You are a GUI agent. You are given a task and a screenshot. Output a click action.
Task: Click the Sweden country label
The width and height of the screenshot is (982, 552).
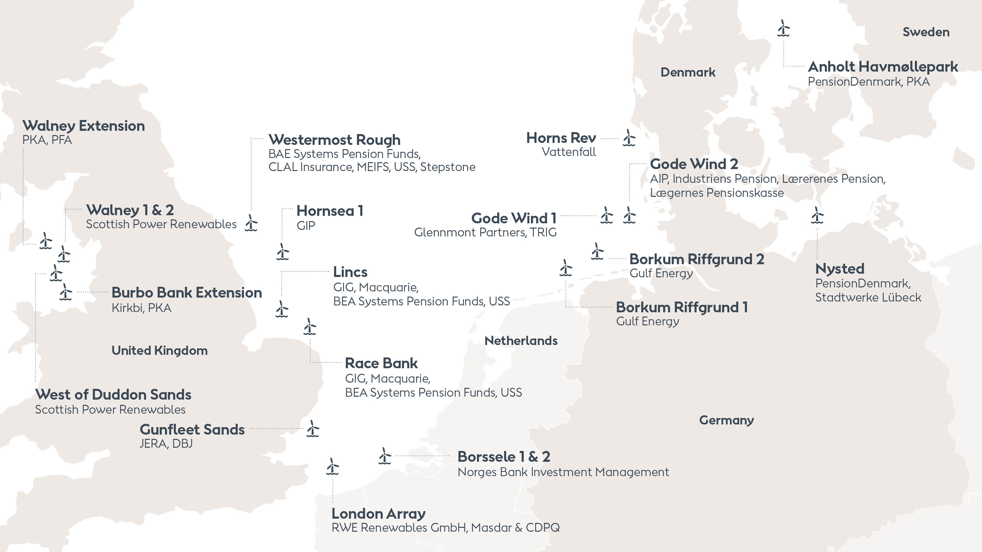(926, 32)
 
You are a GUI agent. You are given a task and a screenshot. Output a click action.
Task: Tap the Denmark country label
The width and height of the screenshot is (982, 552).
(688, 72)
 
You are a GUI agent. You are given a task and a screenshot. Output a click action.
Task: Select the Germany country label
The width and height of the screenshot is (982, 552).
(726, 420)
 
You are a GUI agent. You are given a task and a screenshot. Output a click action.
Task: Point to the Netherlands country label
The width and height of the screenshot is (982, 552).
(521, 340)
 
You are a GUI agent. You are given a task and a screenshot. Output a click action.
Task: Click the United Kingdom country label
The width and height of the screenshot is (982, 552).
(159, 350)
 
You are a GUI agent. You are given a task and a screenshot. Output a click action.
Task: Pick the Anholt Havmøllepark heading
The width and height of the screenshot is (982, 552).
(882, 67)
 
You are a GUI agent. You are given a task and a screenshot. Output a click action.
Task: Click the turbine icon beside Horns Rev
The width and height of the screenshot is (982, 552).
(629, 138)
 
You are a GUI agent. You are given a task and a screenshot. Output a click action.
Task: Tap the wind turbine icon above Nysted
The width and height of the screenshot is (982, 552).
(817, 215)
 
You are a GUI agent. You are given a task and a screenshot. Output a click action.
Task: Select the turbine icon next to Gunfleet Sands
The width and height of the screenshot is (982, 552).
(313, 429)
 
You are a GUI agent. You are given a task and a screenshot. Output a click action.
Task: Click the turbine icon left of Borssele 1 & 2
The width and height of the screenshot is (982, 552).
(385, 456)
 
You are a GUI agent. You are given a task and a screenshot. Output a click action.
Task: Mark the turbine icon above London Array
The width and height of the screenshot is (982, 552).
(333, 467)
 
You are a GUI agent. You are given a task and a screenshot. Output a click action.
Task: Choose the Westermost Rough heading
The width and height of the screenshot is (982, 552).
(334, 140)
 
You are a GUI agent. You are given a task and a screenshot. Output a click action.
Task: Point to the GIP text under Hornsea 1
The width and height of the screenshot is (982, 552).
(306, 226)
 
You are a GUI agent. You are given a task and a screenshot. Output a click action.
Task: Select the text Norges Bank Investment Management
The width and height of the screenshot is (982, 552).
(563, 472)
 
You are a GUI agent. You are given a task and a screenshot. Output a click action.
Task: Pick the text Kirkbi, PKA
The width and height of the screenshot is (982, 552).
(141, 308)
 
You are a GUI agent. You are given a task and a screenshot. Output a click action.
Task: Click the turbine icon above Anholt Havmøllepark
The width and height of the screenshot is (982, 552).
(783, 28)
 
